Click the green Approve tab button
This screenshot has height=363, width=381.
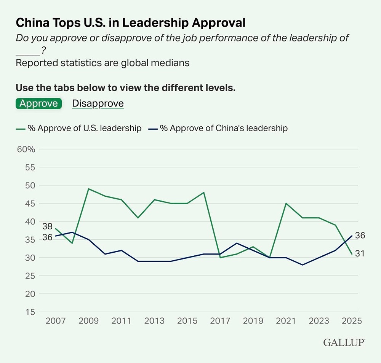38,103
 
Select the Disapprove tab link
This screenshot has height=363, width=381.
98,103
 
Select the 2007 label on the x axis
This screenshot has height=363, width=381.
56,320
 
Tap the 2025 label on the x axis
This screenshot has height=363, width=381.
351,320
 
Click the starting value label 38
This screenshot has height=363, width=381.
47,226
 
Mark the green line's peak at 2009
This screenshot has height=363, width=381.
89,189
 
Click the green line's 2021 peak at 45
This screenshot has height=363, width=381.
286,203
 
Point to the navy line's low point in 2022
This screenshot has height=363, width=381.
303,265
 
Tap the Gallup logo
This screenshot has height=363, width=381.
344,342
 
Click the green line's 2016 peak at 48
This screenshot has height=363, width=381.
204,192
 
